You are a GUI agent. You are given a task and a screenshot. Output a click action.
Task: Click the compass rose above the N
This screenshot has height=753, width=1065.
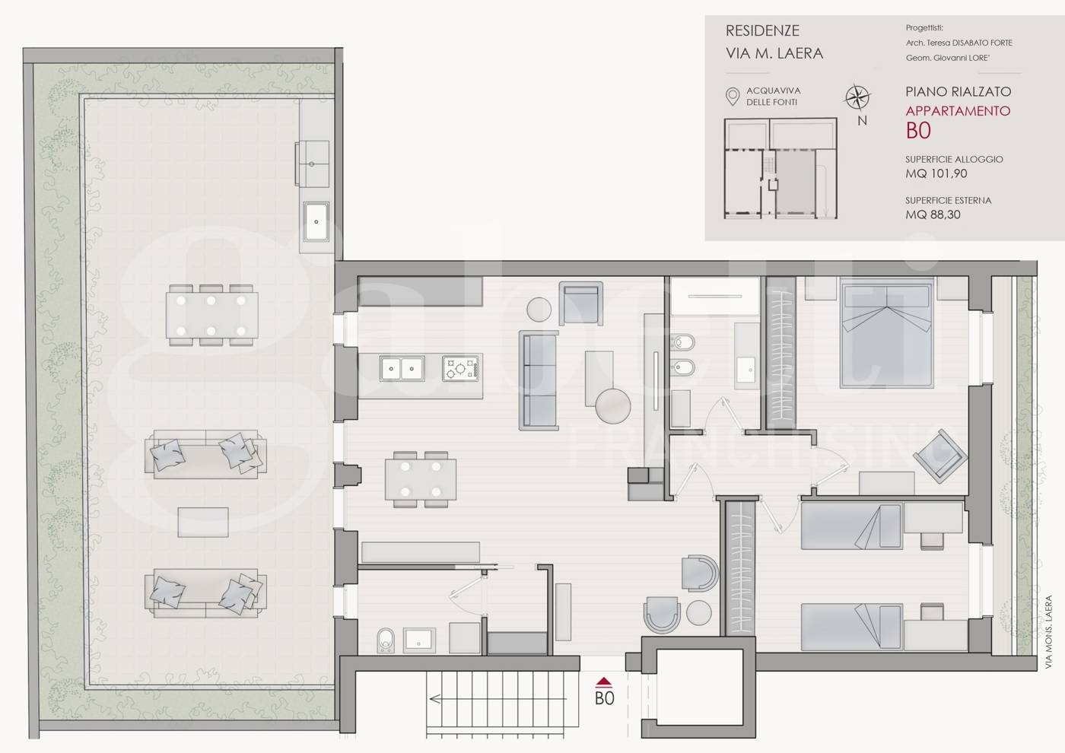pyautogui.click(x=857, y=98)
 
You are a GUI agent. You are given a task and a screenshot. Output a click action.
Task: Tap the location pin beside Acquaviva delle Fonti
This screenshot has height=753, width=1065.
pyautogui.click(x=733, y=97)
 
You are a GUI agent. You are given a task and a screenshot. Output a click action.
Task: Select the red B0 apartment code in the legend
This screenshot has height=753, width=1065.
pyautogui.click(x=918, y=131)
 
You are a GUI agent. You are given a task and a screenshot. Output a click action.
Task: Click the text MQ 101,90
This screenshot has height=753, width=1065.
pyautogui.click(x=936, y=173)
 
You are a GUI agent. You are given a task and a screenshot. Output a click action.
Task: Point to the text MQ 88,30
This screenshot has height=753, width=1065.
pyautogui.click(x=933, y=214)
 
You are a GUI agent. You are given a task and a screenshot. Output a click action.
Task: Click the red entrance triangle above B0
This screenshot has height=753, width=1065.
pyautogui.click(x=603, y=682)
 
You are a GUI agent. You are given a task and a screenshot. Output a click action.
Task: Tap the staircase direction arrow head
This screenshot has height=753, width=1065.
pyautogui.click(x=434, y=699)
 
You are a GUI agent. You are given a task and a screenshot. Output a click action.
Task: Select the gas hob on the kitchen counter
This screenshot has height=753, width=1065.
pyautogui.click(x=459, y=368)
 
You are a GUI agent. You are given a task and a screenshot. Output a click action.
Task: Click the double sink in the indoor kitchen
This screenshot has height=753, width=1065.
pyautogui.click(x=402, y=368)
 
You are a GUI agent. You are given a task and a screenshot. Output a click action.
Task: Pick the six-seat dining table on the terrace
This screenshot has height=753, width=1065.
pyautogui.click(x=211, y=315)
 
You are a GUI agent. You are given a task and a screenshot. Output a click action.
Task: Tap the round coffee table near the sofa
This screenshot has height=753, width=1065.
pyautogui.click(x=613, y=406)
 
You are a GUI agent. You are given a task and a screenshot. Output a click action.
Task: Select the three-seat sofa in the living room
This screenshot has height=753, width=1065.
pyautogui.click(x=539, y=380)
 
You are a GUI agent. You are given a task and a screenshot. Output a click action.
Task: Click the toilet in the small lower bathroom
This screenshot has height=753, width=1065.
pyautogui.click(x=386, y=640)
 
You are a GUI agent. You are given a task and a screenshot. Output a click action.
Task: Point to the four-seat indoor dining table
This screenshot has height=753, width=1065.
pyautogui.click(x=420, y=479)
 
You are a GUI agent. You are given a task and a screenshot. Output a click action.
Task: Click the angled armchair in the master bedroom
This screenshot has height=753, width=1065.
pyautogui.click(x=940, y=456)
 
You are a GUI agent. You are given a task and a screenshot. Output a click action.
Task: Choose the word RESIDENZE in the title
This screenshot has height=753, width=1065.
pyautogui.click(x=762, y=31)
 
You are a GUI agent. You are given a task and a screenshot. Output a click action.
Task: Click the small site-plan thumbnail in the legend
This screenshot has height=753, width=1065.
pyautogui.click(x=780, y=168)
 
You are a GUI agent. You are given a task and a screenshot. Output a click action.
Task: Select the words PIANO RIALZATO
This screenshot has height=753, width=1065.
pyautogui.click(x=958, y=91)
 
